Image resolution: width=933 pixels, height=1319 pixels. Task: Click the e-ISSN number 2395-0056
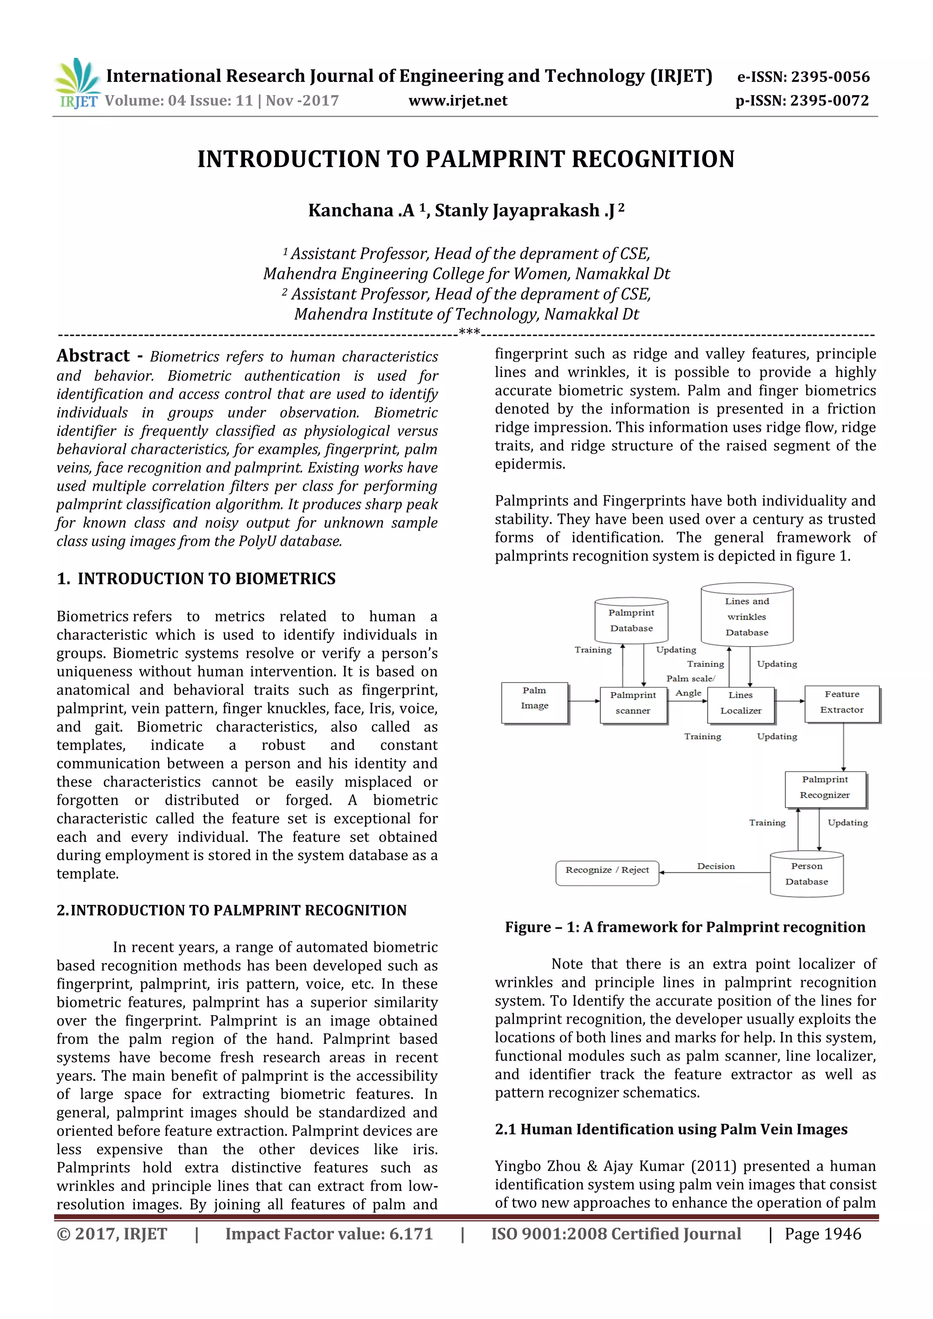coord(830,77)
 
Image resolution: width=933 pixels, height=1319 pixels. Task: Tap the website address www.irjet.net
coord(458,101)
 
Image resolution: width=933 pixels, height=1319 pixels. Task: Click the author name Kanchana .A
coord(361,210)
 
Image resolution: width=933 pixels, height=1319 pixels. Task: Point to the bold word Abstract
coord(93,355)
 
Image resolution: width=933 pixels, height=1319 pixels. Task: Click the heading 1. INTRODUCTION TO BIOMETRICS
coord(196,579)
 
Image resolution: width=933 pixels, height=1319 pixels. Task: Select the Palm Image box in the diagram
coord(534,702)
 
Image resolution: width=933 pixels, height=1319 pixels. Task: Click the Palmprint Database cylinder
coord(631,621)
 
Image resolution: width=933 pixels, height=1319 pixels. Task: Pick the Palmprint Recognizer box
coord(825,788)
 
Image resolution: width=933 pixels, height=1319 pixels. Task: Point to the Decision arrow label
coord(715,866)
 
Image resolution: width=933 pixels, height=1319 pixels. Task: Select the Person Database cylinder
coord(807,874)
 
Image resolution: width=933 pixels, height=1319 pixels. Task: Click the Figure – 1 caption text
coord(685,927)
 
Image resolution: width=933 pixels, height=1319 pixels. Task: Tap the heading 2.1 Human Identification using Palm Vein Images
coord(671,1129)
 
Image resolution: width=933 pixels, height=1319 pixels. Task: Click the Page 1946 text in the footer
coord(823,1234)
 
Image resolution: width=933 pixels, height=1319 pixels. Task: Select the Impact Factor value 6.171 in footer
coord(328,1234)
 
